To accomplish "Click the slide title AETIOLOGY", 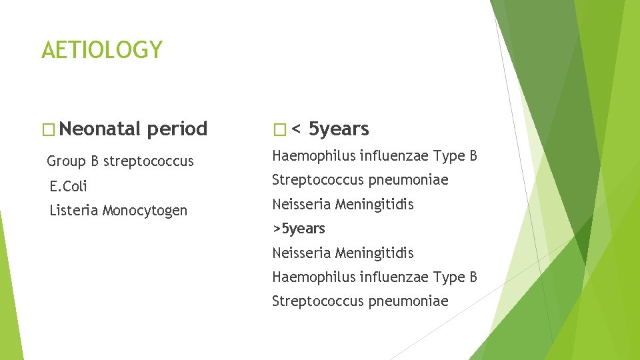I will pos(101,50).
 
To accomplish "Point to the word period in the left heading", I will pos(177,129).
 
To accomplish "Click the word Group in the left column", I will pos(66,161).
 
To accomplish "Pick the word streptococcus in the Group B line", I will pos(149,161).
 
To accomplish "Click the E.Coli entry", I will pos(68,186).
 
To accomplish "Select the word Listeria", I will pos(74,211).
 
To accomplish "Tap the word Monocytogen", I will pos(145,211).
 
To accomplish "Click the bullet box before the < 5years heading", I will pos(279,129).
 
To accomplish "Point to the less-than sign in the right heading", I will pos(295,129).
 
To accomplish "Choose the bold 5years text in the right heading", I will pos(339,129).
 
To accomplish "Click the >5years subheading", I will pos(299,229).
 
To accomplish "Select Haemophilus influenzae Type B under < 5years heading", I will pos(374,156).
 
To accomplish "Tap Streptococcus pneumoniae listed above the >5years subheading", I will pos(360,180).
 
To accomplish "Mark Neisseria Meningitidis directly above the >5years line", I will pos(343,204).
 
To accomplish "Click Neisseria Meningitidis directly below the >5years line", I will pos(343,253).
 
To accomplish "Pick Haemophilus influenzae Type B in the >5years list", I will pos(374,277).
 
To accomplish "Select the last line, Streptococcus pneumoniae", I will pos(360,301).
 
